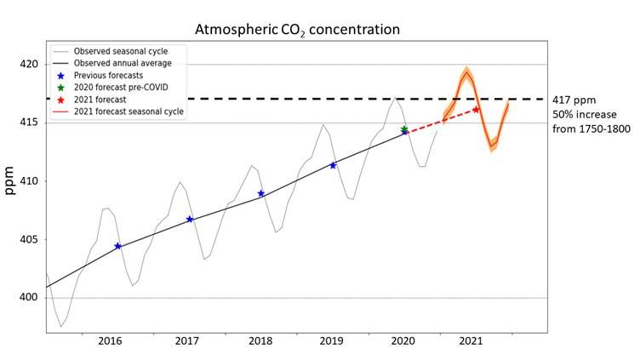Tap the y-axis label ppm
11,180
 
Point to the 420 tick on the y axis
27,65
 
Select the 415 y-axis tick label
27,123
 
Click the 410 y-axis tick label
27,181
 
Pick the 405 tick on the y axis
27,239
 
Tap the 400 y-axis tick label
27,298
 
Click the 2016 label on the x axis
111,340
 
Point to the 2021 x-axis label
472,340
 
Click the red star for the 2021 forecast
476,109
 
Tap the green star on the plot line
404,129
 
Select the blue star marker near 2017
190,220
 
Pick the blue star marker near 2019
333,165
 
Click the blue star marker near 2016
117,246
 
